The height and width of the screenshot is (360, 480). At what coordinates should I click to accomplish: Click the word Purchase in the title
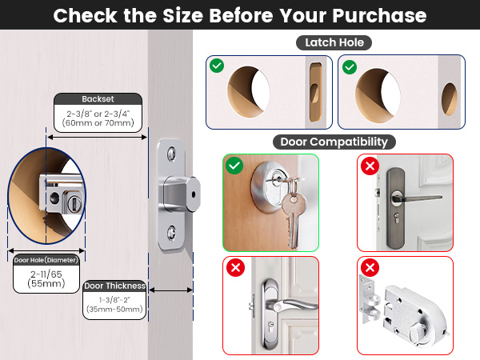click(x=379, y=15)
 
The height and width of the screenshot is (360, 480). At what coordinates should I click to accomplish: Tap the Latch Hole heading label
click(x=334, y=42)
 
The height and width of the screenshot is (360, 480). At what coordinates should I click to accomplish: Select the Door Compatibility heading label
click(x=334, y=142)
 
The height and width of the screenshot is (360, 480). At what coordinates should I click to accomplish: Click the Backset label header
click(x=98, y=99)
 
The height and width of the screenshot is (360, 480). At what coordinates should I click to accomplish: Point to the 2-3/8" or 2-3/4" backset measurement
click(x=98, y=114)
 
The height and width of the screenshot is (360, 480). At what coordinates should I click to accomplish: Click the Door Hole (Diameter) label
click(x=46, y=260)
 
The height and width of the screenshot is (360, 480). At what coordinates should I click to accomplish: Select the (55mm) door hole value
click(x=46, y=283)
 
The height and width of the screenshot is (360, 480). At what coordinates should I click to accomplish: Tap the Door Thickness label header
click(x=114, y=286)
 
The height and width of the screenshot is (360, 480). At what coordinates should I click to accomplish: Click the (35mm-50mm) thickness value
click(x=114, y=309)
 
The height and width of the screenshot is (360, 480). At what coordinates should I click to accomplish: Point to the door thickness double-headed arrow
click(x=171, y=290)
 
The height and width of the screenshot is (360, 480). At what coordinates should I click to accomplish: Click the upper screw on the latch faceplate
click(x=171, y=154)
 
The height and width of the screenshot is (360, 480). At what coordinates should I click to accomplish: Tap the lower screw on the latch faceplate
click(x=171, y=232)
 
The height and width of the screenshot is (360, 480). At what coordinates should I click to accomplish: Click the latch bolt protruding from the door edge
click(x=182, y=194)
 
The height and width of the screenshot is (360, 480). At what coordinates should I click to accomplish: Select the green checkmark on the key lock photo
click(x=234, y=166)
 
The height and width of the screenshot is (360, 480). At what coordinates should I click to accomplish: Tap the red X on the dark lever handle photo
click(x=370, y=166)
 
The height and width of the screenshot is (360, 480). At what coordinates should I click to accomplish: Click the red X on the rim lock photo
click(x=370, y=268)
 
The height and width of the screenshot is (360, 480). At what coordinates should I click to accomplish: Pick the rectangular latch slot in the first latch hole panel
click(x=315, y=93)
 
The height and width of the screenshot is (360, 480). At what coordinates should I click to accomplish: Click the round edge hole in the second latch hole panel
click(x=450, y=99)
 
